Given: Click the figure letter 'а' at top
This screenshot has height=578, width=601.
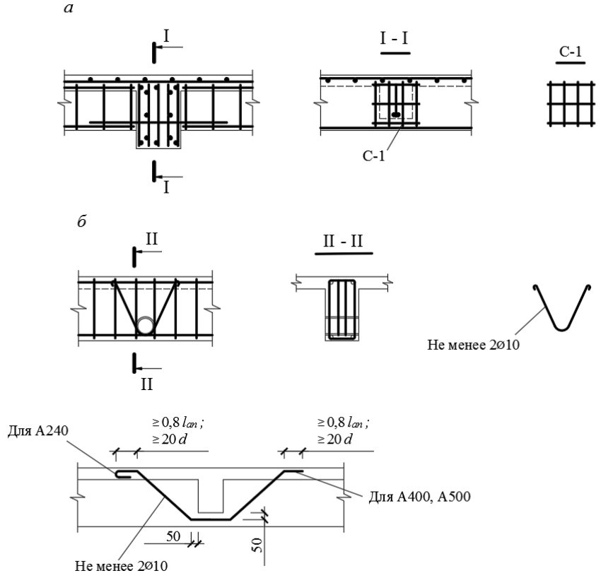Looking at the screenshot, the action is pyautogui.click(x=69, y=8).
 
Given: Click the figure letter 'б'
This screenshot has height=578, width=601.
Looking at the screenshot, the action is pyautogui.click(x=81, y=221).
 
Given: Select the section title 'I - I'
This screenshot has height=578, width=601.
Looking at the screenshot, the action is pyautogui.click(x=395, y=38).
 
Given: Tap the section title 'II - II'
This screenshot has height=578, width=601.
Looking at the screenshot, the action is pyautogui.click(x=343, y=242).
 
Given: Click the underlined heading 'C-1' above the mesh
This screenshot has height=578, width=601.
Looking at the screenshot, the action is pyautogui.click(x=571, y=52).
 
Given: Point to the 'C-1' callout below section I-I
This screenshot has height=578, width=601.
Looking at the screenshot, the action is pyautogui.click(x=373, y=155).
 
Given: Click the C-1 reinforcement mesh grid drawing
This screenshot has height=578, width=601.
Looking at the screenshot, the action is pyautogui.click(x=571, y=103).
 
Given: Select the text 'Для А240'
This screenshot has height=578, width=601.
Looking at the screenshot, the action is pyautogui.click(x=38, y=430).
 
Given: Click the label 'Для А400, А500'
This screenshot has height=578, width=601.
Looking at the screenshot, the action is pyautogui.click(x=420, y=497).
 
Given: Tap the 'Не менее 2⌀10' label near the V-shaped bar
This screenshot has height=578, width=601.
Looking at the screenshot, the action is pyautogui.click(x=473, y=345).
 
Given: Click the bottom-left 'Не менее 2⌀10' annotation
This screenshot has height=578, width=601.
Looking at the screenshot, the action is pyautogui.click(x=121, y=566).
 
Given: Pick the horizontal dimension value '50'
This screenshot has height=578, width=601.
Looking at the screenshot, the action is pyautogui.click(x=173, y=536).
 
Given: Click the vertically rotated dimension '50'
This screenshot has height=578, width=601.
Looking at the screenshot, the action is pyautogui.click(x=258, y=545).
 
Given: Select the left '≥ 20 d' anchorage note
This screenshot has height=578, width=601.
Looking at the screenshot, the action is pyautogui.click(x=170, y=439).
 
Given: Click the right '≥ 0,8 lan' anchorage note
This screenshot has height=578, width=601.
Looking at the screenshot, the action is pyautogui.click(x=343, y=423).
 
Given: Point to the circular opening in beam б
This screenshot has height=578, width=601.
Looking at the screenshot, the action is pyautogui.click(x=146, y=326).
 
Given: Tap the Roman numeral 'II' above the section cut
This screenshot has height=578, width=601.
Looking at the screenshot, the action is pyautogui.click(x=151, y=239).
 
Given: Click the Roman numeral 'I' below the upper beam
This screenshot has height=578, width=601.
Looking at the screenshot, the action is pyautogui.click(x=166, y=188).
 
